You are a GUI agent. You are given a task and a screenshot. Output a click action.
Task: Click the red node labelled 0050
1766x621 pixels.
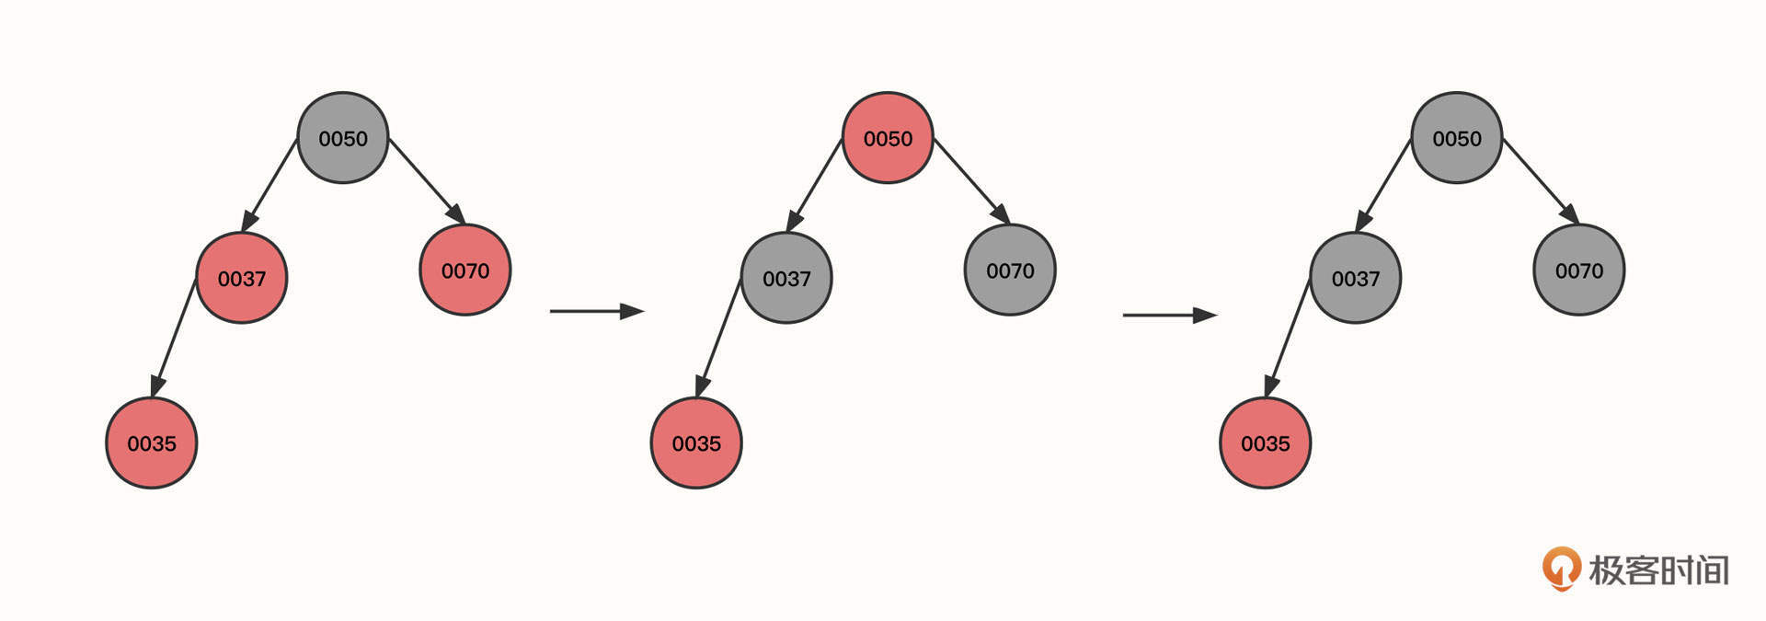pos(888,138)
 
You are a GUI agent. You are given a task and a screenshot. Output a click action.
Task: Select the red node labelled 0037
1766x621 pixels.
pos(242,278)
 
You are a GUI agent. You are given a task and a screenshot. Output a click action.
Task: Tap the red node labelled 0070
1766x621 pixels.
pos(464,270)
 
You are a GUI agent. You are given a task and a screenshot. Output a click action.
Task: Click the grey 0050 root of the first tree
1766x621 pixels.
pos(343,138)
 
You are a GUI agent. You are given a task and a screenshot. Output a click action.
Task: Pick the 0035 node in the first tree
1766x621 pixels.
pos(152,443)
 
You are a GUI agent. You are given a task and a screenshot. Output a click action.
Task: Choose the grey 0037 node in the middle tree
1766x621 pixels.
pos(786,278)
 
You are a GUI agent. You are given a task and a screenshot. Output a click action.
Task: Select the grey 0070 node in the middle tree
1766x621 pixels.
pos(1010,270)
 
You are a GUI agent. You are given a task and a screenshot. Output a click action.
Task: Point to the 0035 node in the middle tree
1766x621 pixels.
pos(696,443)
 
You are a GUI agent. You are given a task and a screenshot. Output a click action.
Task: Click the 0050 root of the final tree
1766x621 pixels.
pos(1457,138)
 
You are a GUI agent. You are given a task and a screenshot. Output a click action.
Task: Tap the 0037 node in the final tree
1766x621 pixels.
pos(1356,278)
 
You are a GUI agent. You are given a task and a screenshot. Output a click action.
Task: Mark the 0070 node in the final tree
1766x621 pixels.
pos(1579,270)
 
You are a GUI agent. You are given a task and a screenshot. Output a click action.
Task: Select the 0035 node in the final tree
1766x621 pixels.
pos(1266,443)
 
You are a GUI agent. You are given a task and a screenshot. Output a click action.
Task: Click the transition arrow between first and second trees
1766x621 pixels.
pos(596,311)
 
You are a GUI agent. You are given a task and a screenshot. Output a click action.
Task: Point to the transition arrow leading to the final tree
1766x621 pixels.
pos(1169,315)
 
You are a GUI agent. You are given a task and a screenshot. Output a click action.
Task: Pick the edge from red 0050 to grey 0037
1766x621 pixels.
pos(815,185)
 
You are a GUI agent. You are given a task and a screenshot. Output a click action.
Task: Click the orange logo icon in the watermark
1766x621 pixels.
pos(1561,569)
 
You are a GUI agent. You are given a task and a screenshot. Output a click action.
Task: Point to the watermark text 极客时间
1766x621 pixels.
pos(1659,570)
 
